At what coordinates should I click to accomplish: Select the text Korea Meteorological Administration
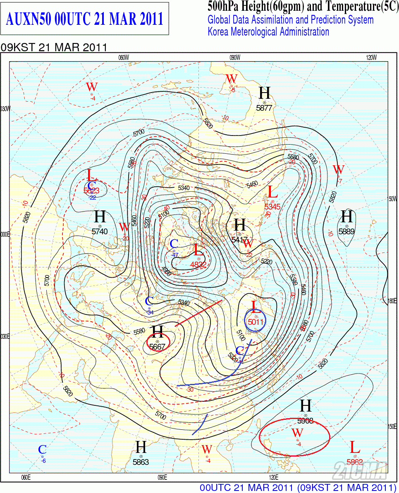coord(268,32)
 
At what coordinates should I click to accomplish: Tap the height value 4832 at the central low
coord(198,265)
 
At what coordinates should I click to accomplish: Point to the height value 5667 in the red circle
coord(157,347)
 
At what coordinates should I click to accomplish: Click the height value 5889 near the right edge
coord(346,231)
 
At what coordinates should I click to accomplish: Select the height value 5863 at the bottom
coord(141,462)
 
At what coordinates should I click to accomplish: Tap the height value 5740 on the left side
coord(99,231)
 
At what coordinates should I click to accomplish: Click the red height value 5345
coord(273,206)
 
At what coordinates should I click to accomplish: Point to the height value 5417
coord(239,239)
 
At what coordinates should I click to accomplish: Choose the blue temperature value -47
coord(175,255)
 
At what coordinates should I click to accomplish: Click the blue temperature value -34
coord(150,312)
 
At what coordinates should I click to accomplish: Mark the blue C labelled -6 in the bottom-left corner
coord(42,450)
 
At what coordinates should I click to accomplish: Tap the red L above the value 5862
coord(354,447)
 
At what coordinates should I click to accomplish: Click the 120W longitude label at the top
coord(371,58)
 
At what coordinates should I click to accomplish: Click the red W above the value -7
coord(339,169)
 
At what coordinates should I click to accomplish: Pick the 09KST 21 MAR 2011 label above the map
coord(54,48)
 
